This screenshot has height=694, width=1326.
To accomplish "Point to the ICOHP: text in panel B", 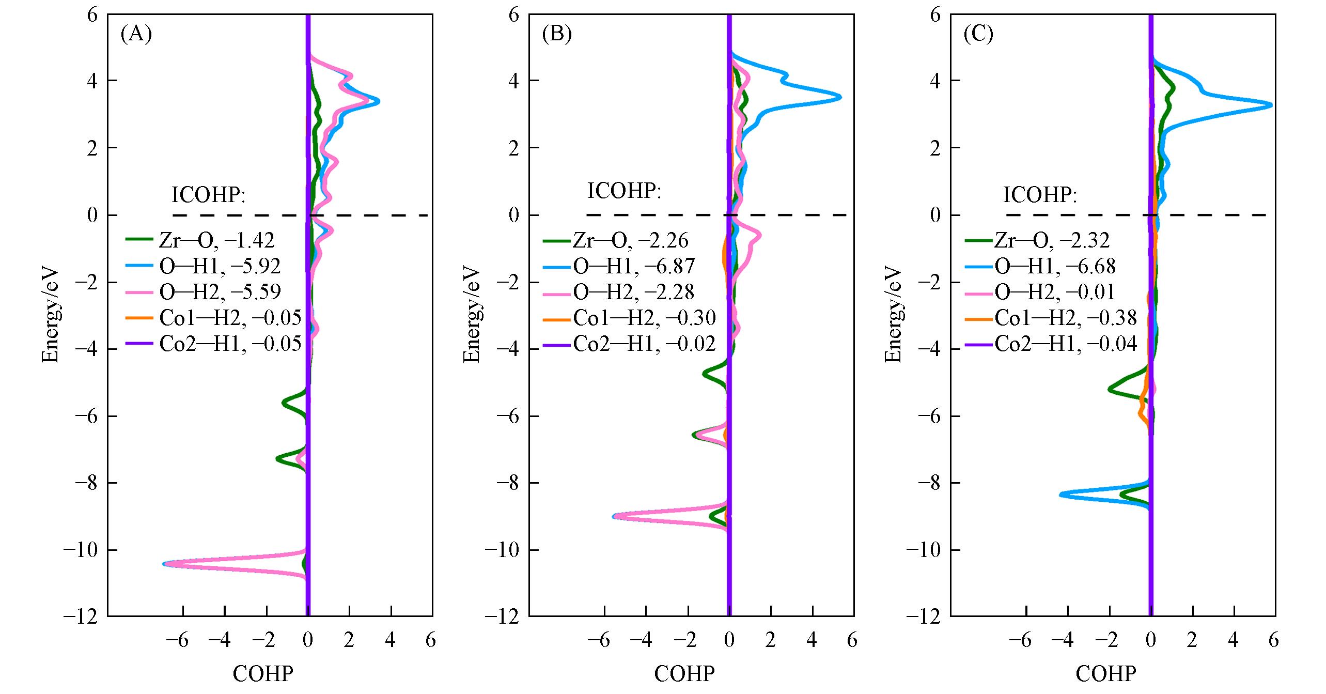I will coord(624,191).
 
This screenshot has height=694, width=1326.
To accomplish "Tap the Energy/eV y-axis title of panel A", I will coord(50,315).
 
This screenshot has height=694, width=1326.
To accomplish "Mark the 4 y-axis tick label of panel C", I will coord(935,81).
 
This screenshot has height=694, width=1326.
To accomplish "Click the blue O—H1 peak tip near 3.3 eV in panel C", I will coord(1270,105).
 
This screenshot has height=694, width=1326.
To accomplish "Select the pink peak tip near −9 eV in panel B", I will coord(614,516).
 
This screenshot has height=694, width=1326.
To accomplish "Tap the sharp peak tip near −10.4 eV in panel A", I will coord(164,564).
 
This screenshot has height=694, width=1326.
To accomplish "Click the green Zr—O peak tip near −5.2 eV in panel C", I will coord(1110,389).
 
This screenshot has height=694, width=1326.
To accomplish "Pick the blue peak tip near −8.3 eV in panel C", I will coord(1060,495).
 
